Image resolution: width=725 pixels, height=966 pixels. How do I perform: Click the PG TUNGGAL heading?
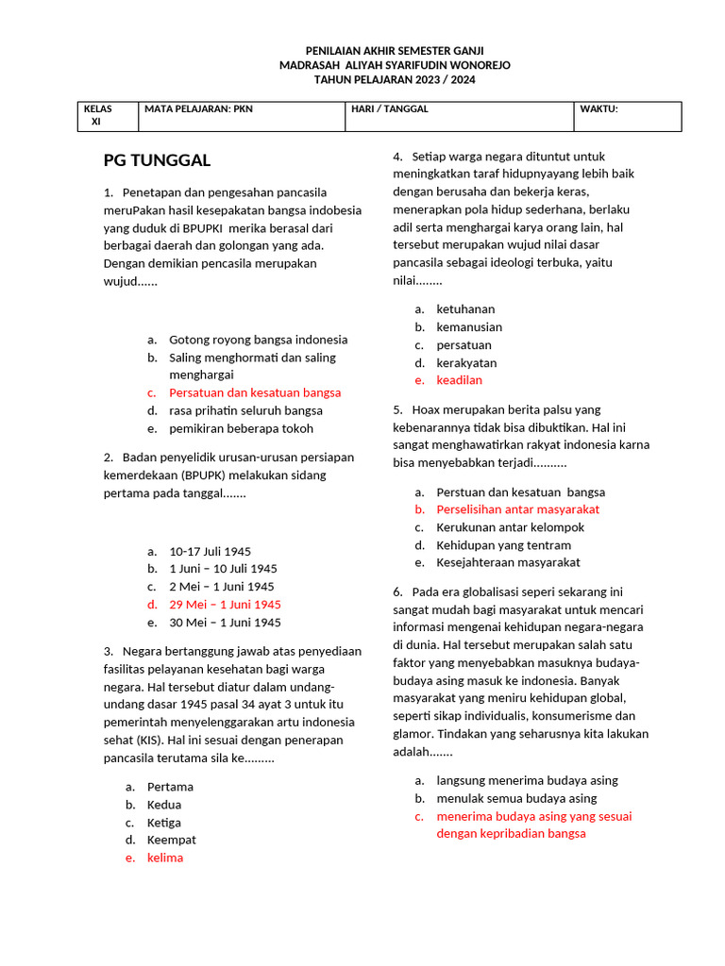[157, 159]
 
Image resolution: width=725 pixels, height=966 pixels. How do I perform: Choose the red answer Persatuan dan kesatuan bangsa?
[255, 392]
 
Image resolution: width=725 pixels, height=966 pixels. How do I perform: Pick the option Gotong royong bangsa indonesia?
[258, 340]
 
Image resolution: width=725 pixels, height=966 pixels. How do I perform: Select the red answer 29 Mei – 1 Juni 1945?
[225, 605]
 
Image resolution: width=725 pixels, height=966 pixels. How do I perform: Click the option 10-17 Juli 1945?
[210, 551]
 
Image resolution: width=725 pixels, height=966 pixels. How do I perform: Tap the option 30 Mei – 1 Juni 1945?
[225, 623]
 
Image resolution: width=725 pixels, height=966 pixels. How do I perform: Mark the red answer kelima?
[165, 858]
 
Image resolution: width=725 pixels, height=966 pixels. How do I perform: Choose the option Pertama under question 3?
[170, 787]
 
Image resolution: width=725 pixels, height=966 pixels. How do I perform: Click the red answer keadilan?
[459, 380]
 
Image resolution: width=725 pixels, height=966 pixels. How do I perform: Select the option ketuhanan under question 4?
[465, 309]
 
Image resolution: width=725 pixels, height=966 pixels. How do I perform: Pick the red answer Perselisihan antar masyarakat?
[518, 509]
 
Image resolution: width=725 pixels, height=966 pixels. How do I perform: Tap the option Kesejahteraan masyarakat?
[508, 562]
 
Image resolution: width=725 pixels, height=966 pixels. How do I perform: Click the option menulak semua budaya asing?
[516, 798]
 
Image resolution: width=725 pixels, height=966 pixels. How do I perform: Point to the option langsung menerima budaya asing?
[527, 780]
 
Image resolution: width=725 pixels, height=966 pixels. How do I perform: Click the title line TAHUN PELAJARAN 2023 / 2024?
[395, 80]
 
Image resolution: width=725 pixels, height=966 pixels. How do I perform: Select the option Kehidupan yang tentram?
[503, 545]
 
